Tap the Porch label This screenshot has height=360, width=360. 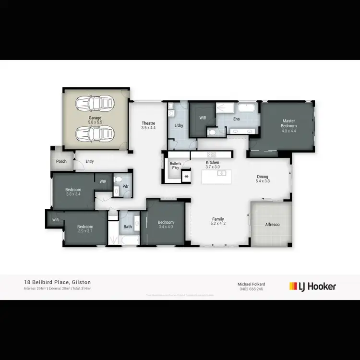[61, 162]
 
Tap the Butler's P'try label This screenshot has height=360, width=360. [176, 166]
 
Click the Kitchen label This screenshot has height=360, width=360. [213, 165]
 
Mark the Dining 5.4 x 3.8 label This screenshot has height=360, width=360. [262, 179]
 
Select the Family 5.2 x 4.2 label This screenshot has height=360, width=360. [218, 221]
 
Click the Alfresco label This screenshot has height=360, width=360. [273, 225]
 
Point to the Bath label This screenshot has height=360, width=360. [127, 227]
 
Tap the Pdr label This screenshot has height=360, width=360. [125, 186]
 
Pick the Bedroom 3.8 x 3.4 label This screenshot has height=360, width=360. [73, 192]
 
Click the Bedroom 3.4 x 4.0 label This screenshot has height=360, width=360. [166, 225]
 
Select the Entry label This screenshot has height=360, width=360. [90, 161]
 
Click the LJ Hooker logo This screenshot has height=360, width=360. [312, 287]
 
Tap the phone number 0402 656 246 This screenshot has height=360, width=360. [252, 289]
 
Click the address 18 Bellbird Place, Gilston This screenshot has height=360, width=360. [58, 283]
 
